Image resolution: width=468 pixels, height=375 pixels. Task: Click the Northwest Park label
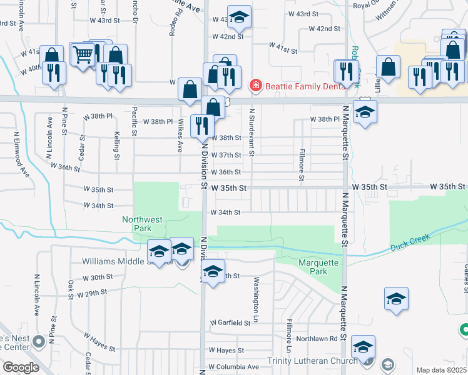pos(142,224)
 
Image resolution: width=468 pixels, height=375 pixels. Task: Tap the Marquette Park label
pos(318,267)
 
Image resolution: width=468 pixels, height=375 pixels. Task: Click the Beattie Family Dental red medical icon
pos(255,86)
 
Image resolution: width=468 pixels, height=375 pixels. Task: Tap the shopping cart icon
pos(83,55)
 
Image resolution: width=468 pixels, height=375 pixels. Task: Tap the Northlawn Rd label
pos(317,338)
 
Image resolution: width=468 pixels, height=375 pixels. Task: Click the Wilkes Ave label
pos(180,135)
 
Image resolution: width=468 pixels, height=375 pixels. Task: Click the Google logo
pos(21,367)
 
